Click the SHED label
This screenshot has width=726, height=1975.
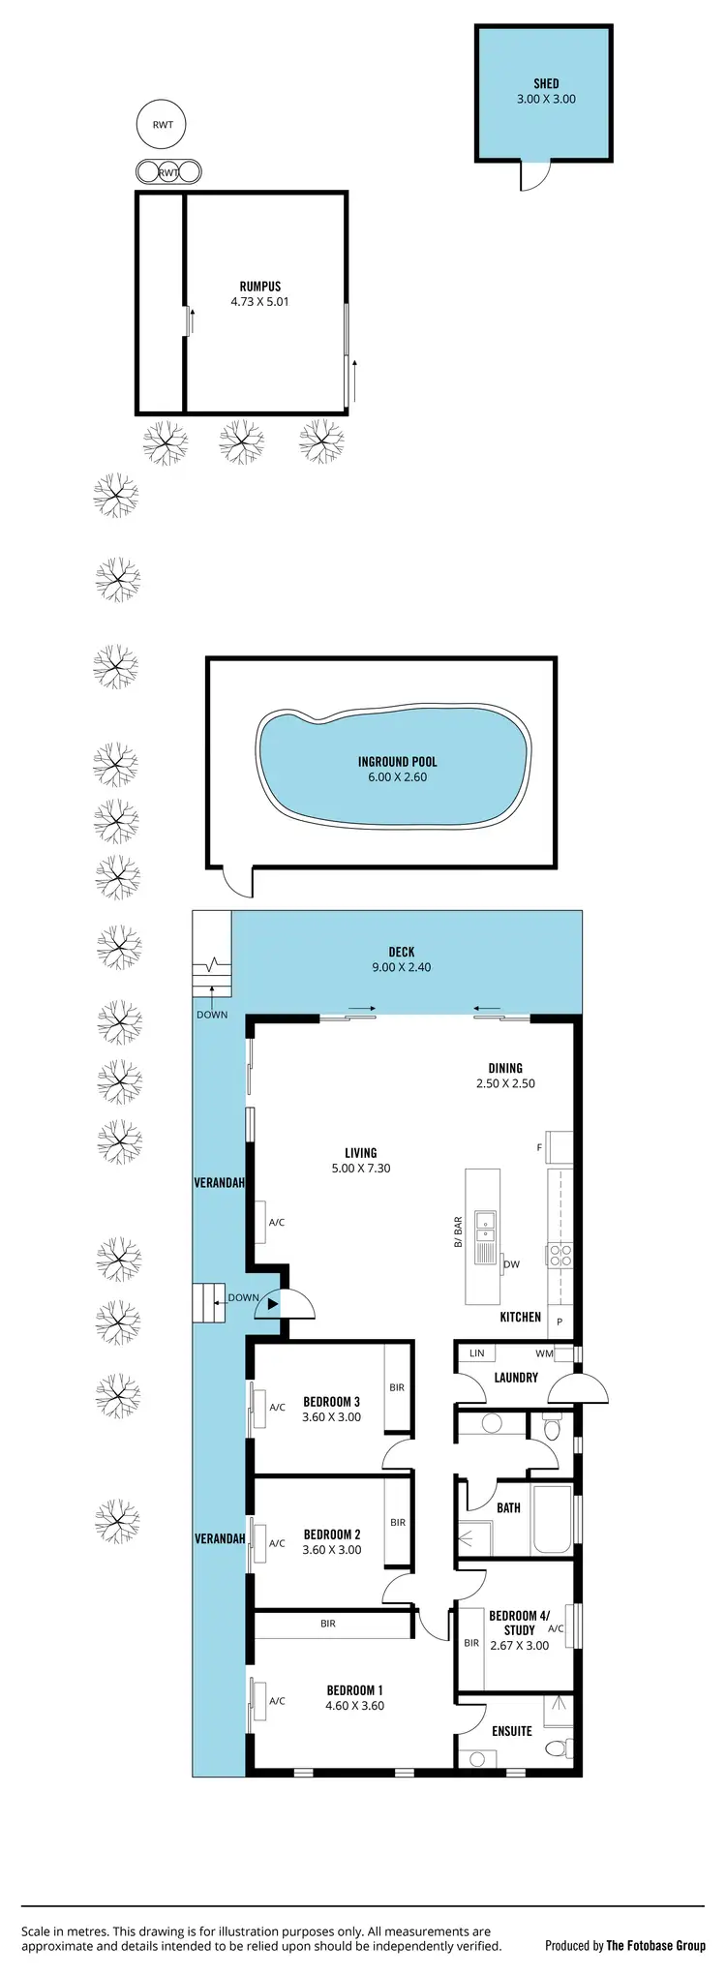(546, 84)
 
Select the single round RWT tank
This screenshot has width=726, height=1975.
(162, 125)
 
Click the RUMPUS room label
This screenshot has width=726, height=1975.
(259, 287)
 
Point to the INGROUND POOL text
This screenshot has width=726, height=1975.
(397, 762)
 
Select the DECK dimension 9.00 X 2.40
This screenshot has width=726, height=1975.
(401, 967)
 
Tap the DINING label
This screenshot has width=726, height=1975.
(505, 1069)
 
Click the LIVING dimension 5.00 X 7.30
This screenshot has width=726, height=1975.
(360, 1169)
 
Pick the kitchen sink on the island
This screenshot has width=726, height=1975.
(484, 1227)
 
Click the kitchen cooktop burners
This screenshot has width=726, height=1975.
(560, 1256)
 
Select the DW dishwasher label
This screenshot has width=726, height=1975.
(512, 1264)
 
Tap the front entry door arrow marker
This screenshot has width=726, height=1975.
(273, 1305)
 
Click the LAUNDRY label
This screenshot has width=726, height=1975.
(515, 1378)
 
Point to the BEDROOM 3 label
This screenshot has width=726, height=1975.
(331, 1402)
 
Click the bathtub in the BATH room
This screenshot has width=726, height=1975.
(552, 1519)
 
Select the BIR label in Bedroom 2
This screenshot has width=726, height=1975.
(398, 1523)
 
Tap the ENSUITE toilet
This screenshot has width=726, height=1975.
(557, 1749)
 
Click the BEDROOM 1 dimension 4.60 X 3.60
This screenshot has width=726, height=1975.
(354, 1706)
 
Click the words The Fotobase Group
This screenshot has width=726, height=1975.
(655, 1946)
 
